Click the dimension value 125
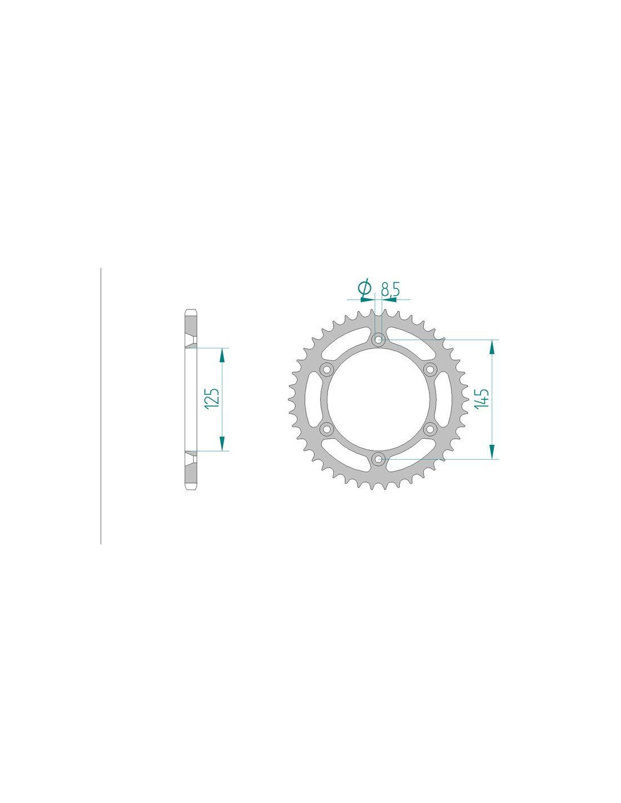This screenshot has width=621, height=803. pyautogui.click(x=213, y=399)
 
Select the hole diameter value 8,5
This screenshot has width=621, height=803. pyautogui.click(x=390, y=290)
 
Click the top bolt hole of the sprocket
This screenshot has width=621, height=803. pyautogui.click(x=377, y=339)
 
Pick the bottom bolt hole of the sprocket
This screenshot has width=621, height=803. pyautogui.click(x=377, y=459)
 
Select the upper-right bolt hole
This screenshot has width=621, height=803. pyautogui.click(x=429, y=369)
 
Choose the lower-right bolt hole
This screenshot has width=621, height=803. pyautogui.click(x=429, y=429)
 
